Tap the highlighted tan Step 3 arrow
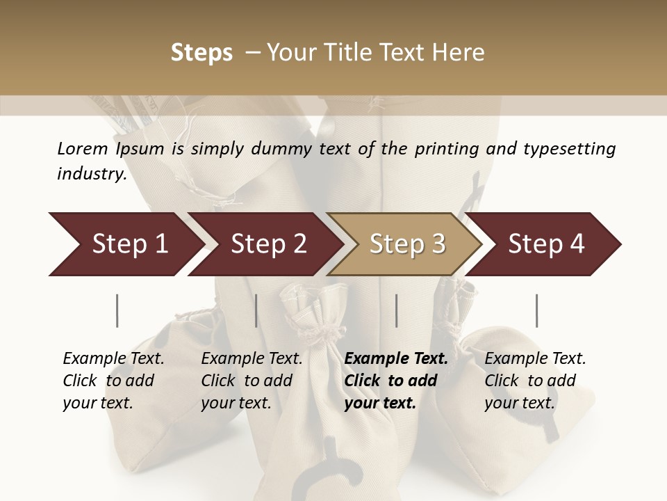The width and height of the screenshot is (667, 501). tap(407, 244)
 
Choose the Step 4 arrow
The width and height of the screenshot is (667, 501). tap(546, 244)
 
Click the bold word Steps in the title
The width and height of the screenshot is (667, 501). tap(201, 53)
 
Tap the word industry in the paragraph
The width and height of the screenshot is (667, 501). tap(91, 174)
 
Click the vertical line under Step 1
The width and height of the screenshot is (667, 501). tap(117, 310)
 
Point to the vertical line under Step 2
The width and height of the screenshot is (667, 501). tap(256, 310)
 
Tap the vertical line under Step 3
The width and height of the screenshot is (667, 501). tap(396, 310)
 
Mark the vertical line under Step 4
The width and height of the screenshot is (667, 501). tap(536, 310)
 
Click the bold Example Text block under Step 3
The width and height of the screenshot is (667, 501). tap(396, 381)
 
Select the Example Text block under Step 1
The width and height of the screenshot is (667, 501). tap(113, 381)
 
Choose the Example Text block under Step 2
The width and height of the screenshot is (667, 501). tap(252, 381)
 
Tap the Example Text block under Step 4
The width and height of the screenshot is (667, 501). tap(535, 381)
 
